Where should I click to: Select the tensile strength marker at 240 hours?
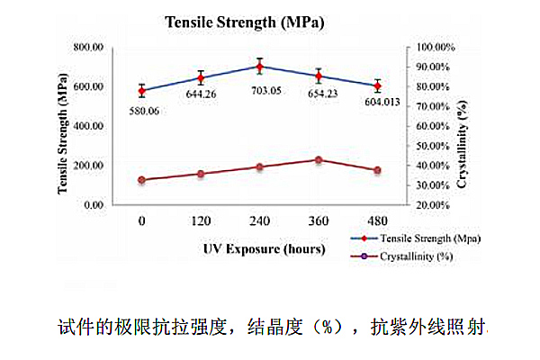[260, 67]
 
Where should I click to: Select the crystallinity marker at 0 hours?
[142, 180]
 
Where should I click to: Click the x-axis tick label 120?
[202, 220]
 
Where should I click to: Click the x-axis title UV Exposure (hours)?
[259, 247]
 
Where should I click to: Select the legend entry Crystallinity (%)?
[409, 256]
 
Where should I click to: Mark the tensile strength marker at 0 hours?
[142, 91]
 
